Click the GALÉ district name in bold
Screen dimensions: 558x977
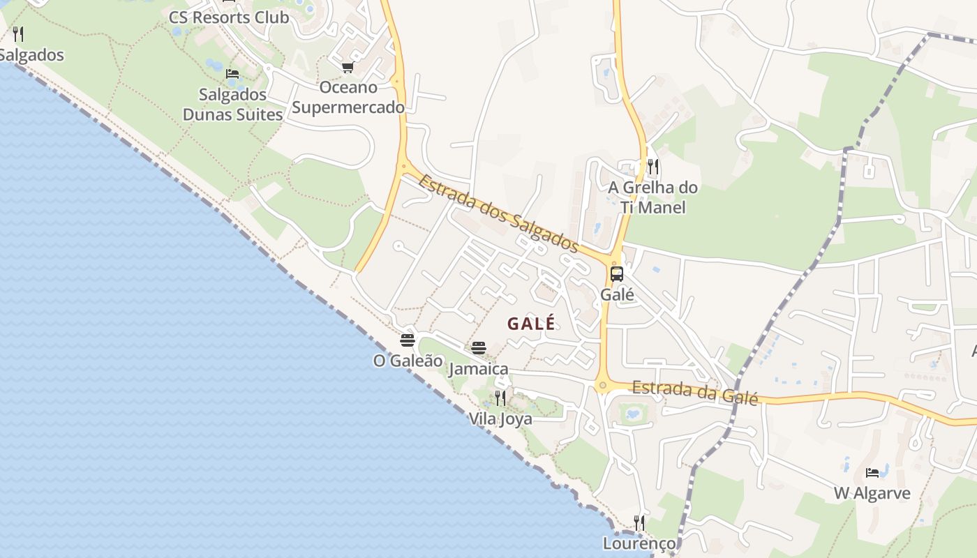coord(531,324)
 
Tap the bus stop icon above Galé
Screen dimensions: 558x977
coord(617,274)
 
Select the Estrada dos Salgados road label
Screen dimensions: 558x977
coord(498,213)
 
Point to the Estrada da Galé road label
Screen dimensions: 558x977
coord(694,392)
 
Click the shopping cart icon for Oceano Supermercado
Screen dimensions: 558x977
coord(348,68)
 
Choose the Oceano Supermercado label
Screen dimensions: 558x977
coord(348,98)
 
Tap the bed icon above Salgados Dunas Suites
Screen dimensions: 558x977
coord(232,74)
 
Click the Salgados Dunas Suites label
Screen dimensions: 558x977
coord(232,105)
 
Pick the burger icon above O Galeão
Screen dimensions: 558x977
coord(408,340)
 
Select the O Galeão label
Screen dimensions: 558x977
coord(408,361)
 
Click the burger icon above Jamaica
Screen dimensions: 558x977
coord(478,347)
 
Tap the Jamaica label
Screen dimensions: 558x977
coord(478,368)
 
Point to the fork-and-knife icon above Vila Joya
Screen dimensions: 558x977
coord(500,398)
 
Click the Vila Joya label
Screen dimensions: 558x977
coord(500,419)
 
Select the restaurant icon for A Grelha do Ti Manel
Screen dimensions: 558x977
coord(653,167)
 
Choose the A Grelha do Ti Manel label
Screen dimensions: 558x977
coord(652,197)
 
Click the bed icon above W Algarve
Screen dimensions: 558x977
coord(872,473)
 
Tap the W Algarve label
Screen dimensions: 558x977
coord(872,494)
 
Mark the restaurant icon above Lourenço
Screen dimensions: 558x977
coord(639,522)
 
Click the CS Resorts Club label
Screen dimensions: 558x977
coord(228,17)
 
